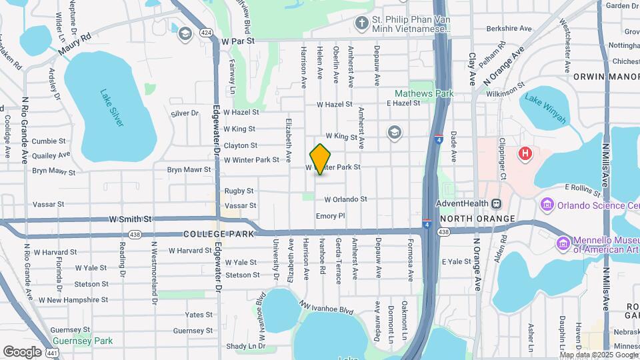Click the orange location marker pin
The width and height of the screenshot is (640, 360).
click(321, 159)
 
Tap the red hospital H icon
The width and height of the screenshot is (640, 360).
click(525, 154)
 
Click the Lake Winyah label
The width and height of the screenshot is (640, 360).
click(545, 109)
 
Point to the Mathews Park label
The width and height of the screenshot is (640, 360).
click(424, 94)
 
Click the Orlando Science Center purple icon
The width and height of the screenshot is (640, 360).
click(549, 204)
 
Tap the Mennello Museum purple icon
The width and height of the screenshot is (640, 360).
click(563, 243)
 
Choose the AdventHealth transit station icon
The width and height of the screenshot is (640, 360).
click(496, 203)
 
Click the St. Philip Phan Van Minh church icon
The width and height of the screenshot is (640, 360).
click(361, 24)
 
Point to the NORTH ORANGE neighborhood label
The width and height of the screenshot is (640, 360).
click(477, 219)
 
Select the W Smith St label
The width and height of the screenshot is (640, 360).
click(131, 219)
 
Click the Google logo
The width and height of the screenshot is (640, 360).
click(22, 351)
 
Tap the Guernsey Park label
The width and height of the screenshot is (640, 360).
click(84, 341)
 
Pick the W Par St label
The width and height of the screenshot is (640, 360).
click(239, 41)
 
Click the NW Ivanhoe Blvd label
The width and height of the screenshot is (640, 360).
click(327, 307)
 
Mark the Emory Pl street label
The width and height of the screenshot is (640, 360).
click(330, 216)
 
